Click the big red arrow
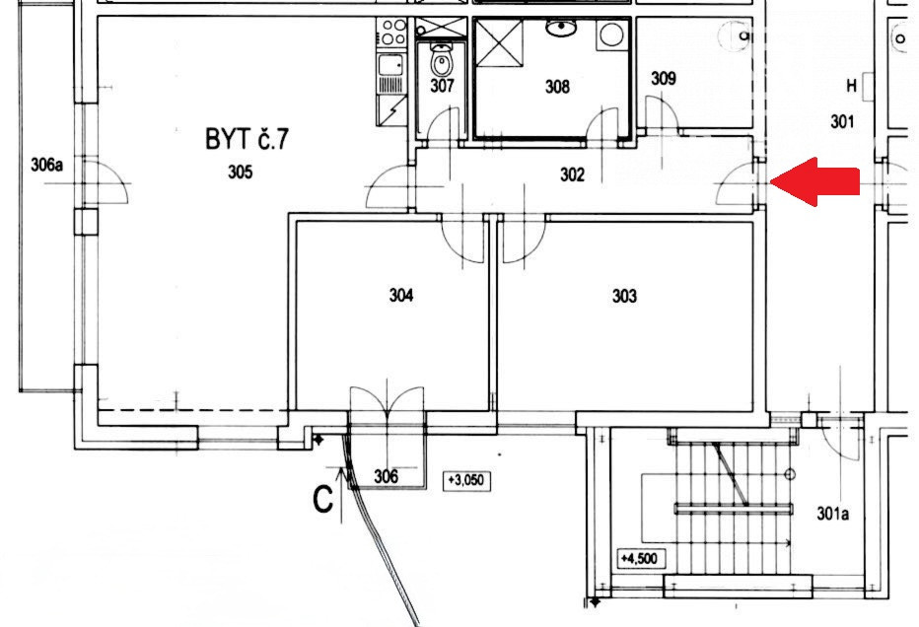pos(814,181)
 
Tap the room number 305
pos(241,172)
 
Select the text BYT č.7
pos(247,139)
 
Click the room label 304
pos(401,294)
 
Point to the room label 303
pos(624,296)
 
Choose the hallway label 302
pos(572,174)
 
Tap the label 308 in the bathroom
pos(557,87)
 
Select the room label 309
pos(664,78)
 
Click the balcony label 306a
pos(47,165)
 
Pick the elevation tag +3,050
pos(466,480)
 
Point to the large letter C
pos(323,500)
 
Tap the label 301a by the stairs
pos(833,514)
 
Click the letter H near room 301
pos(852,86)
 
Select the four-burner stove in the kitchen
pos(392,33)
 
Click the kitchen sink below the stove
pos(391,64)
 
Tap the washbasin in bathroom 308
pos(561,27)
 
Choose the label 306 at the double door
pos(387,476)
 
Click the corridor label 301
pos(842,121)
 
